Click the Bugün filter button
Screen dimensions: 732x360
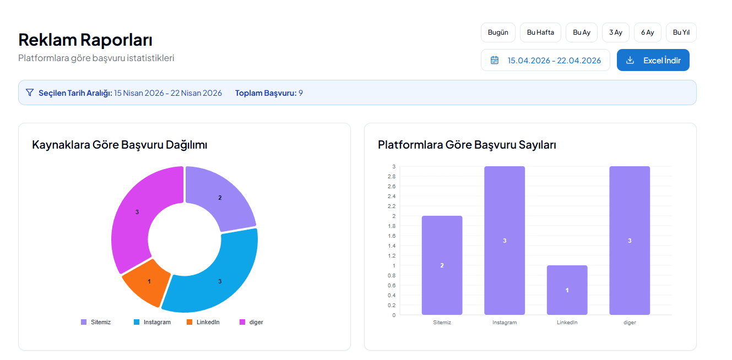point(498,32)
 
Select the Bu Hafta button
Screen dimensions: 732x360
point(540,32)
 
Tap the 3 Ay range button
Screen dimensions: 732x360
point(615,32)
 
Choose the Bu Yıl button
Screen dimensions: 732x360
point(681,32)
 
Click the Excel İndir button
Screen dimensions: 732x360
point(653,60)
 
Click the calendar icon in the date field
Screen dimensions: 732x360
point(495,60)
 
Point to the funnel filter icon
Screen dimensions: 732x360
point(30,92)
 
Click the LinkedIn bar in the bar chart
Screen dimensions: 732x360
point(567,290)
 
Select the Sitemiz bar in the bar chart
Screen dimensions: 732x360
point(442,265)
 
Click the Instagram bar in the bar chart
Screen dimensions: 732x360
point(505,241)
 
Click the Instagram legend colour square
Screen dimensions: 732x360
point(137,322)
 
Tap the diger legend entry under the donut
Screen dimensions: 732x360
point(251,322)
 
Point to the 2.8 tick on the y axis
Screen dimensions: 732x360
point(392,176)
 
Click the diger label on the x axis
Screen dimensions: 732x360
point(630,323)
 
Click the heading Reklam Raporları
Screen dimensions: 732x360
point(85,40)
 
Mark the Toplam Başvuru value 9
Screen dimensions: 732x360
point(301,93)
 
